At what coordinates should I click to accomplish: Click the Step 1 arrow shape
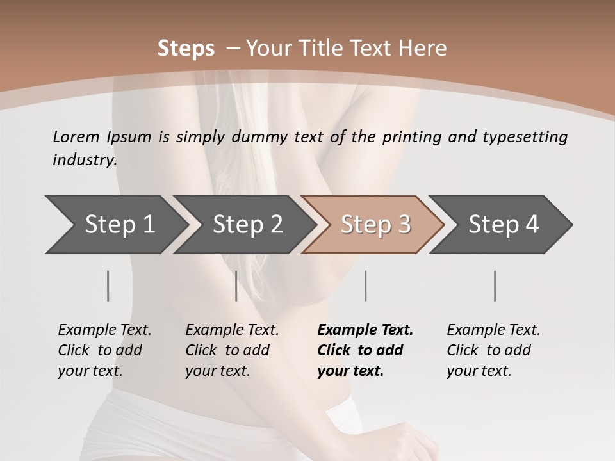click(115, 225)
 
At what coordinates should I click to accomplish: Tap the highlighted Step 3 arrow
click(374, 225)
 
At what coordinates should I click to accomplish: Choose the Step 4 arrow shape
click(502, 225)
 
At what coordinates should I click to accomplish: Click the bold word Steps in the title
click(186, 49)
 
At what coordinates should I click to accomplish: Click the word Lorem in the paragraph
click(76, 136)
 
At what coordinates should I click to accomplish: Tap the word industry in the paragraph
click(85, 160)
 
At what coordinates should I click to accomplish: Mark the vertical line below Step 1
click(108, 286)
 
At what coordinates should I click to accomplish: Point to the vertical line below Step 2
click(236, 286)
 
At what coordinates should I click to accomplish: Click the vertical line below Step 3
click(365, 286)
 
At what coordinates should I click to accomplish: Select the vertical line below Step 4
click(495, 286)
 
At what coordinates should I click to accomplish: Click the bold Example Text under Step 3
click(365, 330)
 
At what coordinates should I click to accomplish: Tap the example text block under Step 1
click(104, 350)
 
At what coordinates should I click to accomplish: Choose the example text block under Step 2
click(232, 350)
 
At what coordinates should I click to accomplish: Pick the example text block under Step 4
click(493, 350)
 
